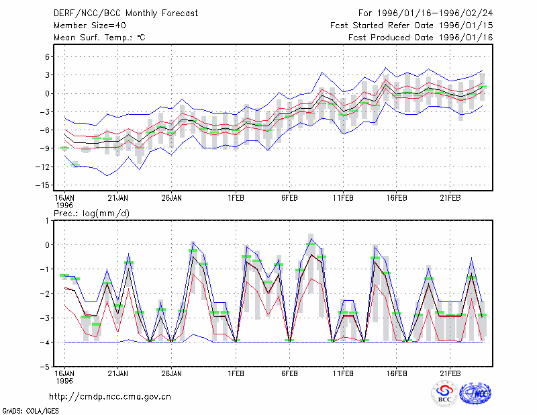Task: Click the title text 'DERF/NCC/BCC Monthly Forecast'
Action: [126, 13]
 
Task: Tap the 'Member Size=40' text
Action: [90, 26]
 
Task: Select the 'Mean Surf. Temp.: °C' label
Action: [99, 38]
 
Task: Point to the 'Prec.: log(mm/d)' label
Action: [91, 214]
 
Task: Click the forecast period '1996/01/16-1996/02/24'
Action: [434, 13]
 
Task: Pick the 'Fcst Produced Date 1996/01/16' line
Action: [420, 38]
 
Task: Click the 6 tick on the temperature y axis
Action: [47, 57]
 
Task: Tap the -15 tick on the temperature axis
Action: [43, 185]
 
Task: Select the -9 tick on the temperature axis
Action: [44, 148]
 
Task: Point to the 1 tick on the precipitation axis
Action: [47, 221]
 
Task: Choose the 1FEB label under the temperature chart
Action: [236, 198]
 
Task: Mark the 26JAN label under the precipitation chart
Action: [171, 373]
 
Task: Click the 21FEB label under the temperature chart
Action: [450, 198]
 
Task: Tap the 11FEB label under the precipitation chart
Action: [343, 373]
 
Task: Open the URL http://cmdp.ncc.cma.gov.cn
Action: [110, 397]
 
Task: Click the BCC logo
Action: [444, 394]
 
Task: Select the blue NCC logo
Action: [475, 394]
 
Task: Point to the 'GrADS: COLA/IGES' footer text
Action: [30, 411]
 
